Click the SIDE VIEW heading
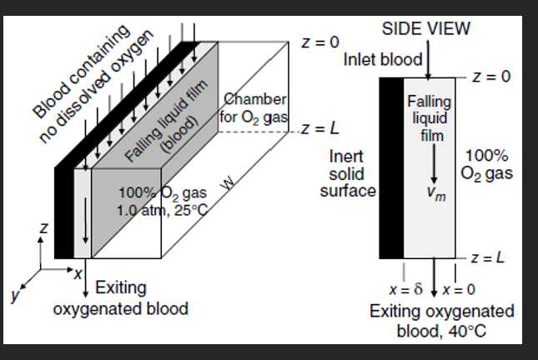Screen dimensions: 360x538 (426, 27)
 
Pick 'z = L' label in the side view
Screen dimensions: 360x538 (489, 257)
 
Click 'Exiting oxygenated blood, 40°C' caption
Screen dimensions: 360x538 (442, 320)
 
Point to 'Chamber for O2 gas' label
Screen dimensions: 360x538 (254, 108)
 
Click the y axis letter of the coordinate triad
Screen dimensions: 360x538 (15, 293)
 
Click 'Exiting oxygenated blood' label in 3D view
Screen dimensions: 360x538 (120, 298)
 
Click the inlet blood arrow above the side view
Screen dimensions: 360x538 (429, 63)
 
